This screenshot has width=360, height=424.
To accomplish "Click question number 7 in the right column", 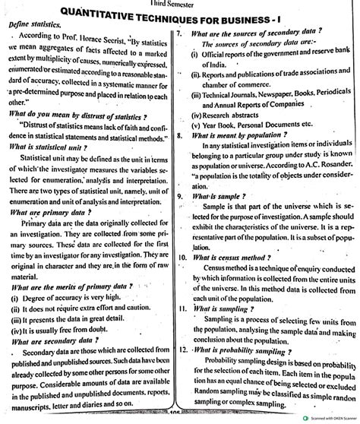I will [x=178, y=35].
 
